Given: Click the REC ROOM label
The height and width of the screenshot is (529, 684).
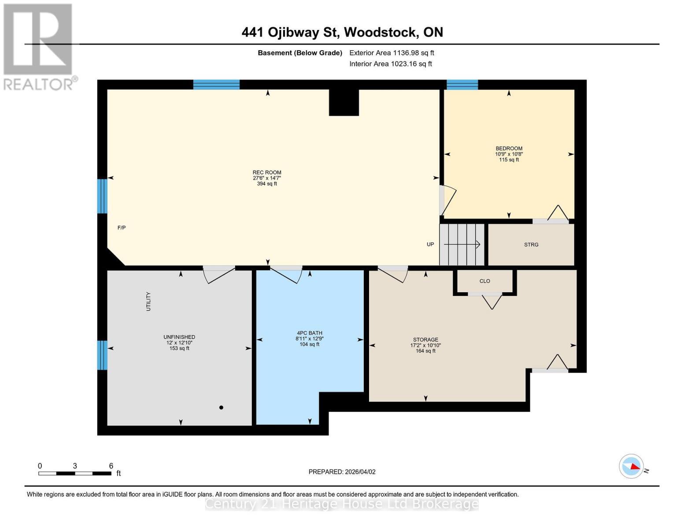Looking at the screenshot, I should click(x=266, y=173).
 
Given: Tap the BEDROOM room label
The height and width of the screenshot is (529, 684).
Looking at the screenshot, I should click(x=509, y=149).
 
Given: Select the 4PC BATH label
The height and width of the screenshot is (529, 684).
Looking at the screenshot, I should click(x=309, y=333).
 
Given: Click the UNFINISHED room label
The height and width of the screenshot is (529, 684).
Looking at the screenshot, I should click(x=179, y=337).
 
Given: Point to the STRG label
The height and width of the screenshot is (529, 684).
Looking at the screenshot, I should click(x=531, y=245).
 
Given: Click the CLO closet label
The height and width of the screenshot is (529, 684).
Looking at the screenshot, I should click(x=484, y=281).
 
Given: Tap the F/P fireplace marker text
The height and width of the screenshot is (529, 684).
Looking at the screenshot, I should click(x=122, y=228).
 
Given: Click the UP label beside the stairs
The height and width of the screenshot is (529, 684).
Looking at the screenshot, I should click(x=430, y=245).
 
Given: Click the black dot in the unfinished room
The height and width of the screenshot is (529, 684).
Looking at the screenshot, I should click(x=221, y=408).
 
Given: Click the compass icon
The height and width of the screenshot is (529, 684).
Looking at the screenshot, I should click(x=631, y=466).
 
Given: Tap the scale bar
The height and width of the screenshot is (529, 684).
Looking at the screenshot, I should click(x=75, y=473).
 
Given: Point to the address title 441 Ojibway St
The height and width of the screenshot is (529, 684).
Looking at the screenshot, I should click(x=342, y=32).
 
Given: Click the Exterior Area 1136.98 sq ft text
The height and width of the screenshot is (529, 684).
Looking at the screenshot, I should click(x=392, y=53).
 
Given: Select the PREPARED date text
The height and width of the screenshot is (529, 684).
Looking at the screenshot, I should click(x=342, y=472).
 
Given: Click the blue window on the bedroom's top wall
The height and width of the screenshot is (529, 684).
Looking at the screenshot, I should click(x=462, y=85).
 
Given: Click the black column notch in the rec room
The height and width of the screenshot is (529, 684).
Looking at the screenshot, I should click(x=344, y=103).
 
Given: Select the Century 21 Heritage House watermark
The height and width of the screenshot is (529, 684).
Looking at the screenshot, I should click(x=342, y=504).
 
